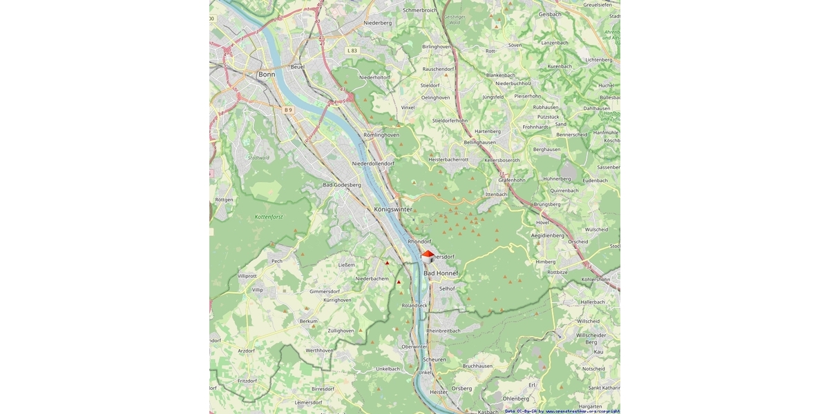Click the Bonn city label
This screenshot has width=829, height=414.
[267, 74]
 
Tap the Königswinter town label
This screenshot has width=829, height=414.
[392, 208]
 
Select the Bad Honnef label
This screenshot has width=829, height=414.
[441, 274]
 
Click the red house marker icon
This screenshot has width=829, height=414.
[428, 256]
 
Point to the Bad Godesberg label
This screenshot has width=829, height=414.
[342, 185]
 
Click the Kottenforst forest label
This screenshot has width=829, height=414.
[269, 217]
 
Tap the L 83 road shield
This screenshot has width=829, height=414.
[353, 50]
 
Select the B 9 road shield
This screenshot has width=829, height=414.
[289, 110]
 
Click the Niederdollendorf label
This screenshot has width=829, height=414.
[373, 164]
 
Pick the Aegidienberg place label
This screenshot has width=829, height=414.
[548, 235]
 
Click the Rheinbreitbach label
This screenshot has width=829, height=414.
[444, 331]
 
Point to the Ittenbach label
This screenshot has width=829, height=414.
[497, 195]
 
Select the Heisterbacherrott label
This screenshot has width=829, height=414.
[448, 159]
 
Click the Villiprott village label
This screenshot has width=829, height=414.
[247, 275]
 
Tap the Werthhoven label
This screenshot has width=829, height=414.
[319, 351]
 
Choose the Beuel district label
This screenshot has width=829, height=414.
[298, 67]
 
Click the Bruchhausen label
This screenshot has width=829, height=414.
[477, 366]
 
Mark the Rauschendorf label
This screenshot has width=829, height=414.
[438, 69]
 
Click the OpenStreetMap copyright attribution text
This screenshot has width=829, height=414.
[562, 411]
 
